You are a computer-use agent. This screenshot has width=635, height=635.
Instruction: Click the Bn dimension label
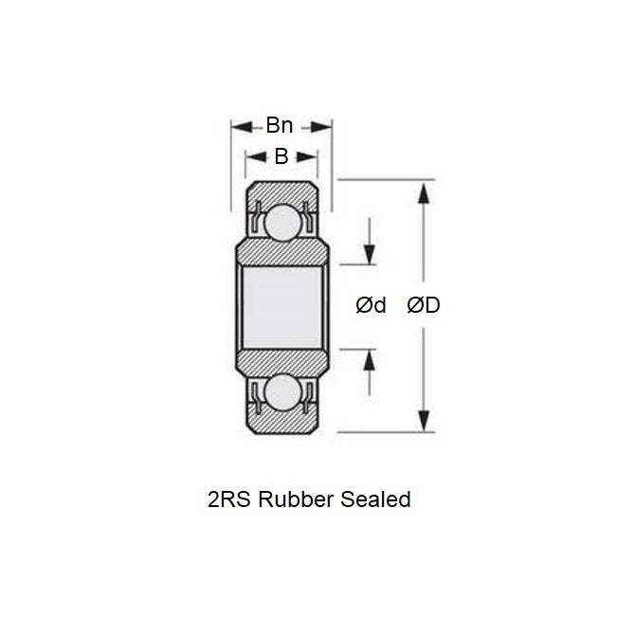click(280, 126)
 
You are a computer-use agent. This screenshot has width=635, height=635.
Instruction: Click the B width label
click(281, 157)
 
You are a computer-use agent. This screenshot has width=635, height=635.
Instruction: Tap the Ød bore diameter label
click(371, 305)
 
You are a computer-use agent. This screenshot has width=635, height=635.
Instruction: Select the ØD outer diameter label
click(424, 305)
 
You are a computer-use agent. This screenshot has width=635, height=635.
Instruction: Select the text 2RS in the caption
click(228, 499)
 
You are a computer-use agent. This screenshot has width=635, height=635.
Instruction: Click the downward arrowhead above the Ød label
click(370, 254)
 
